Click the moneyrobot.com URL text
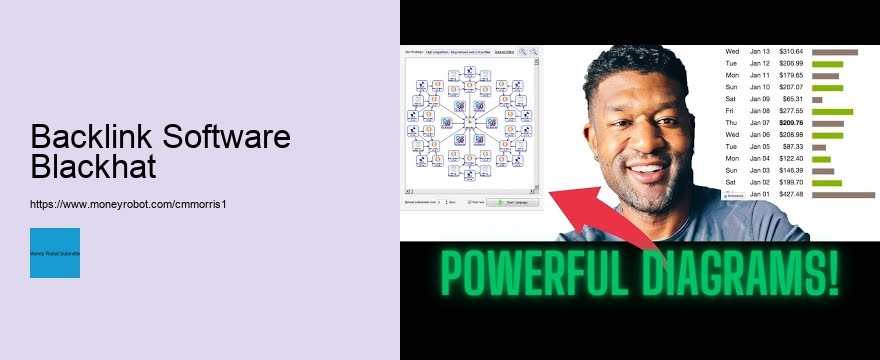(x=135, y=203)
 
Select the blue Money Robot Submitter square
(x=55, y=253)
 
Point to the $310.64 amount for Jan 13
(x=791, y=52)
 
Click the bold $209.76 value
(x=791, y=123)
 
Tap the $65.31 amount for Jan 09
(x=793, y=100)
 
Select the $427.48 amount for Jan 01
(x=791, y=195)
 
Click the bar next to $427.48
(x=843, y=195)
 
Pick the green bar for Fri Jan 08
(x=832, y=112)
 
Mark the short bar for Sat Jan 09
(x=817, y=100)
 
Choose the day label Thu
(x=732, y=123)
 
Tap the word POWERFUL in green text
(x=531, y=274)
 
